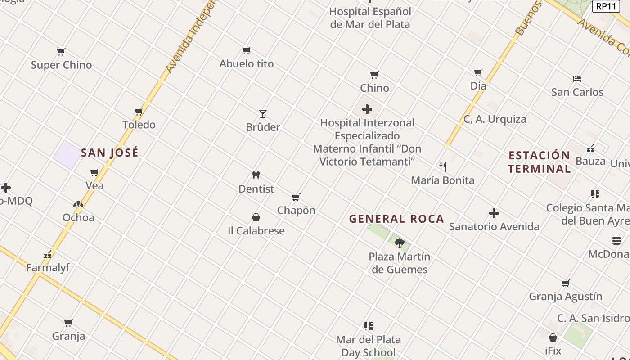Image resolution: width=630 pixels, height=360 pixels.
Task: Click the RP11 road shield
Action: [605, 6]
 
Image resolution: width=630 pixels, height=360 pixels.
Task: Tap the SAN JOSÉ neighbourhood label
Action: [110, 153]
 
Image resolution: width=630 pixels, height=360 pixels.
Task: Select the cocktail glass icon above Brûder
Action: [263, 113]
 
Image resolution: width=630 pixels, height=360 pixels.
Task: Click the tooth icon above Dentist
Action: [256, 175]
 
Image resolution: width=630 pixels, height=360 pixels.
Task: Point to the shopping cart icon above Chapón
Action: [296, 197]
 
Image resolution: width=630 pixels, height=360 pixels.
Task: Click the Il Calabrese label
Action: [256, 231]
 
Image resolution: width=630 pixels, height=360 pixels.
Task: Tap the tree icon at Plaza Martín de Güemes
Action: [399, 243]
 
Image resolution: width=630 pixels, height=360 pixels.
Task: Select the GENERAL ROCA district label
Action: [396, 219]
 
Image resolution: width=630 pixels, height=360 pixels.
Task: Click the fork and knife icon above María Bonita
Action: [443, 167]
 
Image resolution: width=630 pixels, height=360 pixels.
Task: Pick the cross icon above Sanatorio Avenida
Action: [494, 213]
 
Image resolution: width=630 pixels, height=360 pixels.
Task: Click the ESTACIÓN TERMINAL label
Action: [539, 162]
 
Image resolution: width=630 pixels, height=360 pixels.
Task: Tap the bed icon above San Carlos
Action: [577, 79]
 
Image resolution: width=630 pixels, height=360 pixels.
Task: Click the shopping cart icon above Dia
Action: [478, 72]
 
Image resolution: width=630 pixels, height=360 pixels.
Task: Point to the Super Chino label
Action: [61, 65]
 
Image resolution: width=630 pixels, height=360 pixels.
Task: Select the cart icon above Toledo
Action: [139, 112]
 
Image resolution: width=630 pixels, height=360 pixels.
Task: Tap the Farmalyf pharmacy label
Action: [48, 268]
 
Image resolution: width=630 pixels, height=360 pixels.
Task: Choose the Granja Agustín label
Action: [565, 297]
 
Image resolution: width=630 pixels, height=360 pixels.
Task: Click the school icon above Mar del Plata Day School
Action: [369, 326]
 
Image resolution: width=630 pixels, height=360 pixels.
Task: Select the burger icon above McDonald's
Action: [616, 241]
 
